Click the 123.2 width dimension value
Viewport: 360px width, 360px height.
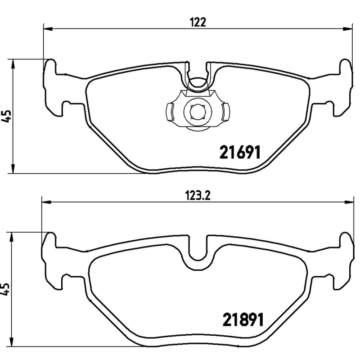198,195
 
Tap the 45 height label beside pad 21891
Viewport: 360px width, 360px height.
5,288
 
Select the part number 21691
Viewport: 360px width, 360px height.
240,153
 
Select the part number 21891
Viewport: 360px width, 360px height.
243,321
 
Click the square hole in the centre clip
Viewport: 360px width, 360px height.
198,111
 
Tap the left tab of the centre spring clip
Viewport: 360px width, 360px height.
170,112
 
